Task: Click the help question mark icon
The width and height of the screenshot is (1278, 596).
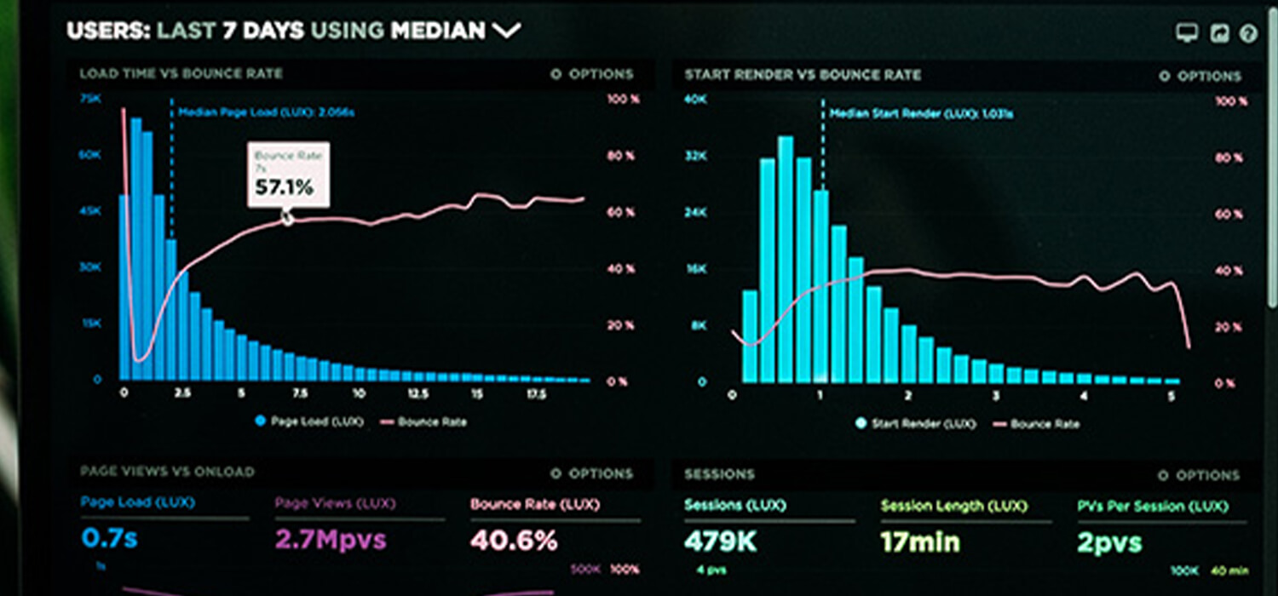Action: (x=1248, y=33)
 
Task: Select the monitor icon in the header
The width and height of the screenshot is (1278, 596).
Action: (x=1186, y=33)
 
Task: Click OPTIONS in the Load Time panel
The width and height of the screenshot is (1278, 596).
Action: (x=593, y=75)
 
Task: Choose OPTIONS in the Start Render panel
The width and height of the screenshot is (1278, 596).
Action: (x=1201, y=77)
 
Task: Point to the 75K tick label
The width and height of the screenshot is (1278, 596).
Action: (x=89, y=99)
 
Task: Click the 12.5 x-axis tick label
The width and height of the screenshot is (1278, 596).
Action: (x=417, y=394)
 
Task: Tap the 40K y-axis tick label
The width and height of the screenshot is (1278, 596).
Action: (x=695, y=100)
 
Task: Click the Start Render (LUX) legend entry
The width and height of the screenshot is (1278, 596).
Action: (x=917, y=423)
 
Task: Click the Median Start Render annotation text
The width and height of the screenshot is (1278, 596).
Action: (x=921, y=113)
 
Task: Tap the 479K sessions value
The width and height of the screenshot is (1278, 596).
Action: (x=720, y=542)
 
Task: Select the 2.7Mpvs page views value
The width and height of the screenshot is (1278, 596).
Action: (x=331, y=539)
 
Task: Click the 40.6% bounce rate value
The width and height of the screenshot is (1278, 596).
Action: (x=514, y=540)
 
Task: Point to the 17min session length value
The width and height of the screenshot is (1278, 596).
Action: (x=920, y=542)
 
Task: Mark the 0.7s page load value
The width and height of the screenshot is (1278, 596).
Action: (x=110, y=538)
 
